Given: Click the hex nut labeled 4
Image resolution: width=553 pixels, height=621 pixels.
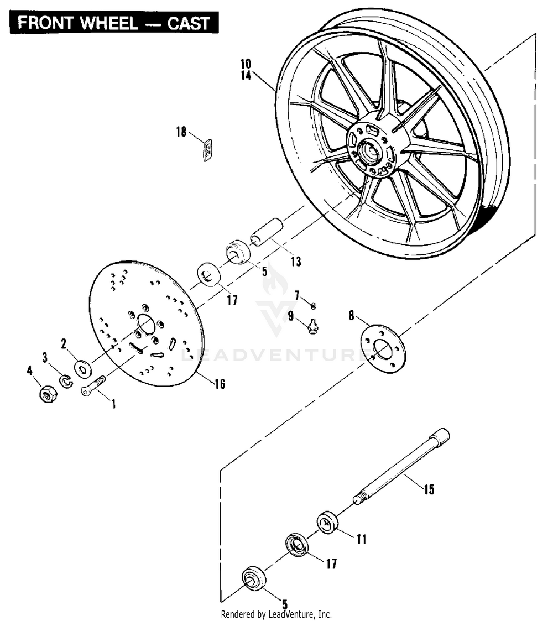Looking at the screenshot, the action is (x=48, y=394).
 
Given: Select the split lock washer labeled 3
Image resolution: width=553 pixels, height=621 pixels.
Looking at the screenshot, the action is (x=66, y=381).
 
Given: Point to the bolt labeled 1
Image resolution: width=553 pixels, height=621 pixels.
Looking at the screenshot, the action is (x=93, y=385).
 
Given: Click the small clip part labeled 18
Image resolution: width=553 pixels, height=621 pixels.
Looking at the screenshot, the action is (x=207, y=150).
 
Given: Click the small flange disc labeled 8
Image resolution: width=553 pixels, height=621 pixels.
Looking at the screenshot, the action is (x=383, y=349).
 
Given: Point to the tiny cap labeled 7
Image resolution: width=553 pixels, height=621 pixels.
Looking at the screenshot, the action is (x=314, y=305).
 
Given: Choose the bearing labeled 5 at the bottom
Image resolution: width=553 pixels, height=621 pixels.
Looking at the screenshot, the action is (x=253, y=579).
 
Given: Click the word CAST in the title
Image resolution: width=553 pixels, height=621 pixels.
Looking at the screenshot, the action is (x=188, y=23).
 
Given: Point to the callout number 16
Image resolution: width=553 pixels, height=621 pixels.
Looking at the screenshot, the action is (x=220, y=383).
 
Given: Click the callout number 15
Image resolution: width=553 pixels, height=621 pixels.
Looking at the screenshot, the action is (x=429, y=489).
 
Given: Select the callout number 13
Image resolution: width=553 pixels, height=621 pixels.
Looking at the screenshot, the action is (x=296, y=262).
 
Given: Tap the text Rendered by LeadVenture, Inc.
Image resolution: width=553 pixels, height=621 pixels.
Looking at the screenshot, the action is (x=276, y=614).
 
